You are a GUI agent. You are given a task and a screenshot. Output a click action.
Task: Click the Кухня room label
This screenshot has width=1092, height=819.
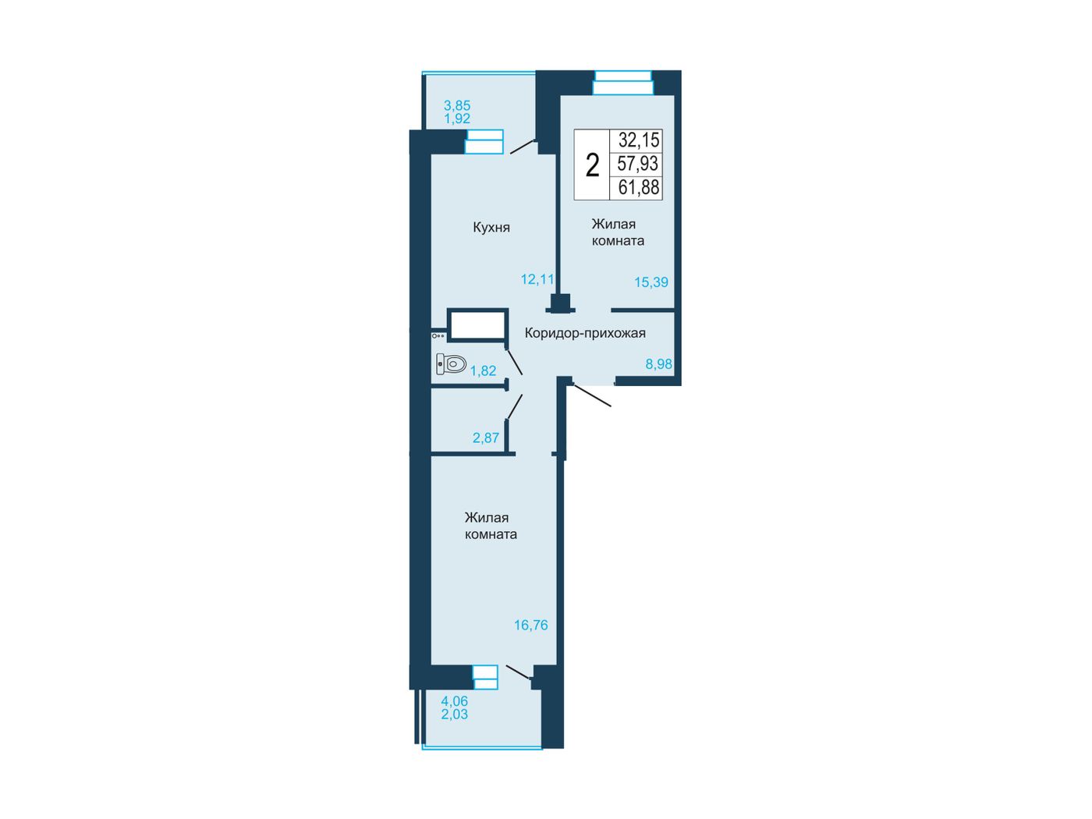(x=491, y=227)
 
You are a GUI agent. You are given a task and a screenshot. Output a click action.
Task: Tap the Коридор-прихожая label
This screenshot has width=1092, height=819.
(x=585, y=333)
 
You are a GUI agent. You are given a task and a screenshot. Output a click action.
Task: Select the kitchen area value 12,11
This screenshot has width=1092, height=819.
(x=537, y=279)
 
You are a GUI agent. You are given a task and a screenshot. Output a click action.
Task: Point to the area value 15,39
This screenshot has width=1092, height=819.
(x=651, y=282)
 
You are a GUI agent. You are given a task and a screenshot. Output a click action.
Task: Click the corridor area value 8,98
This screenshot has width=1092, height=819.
(x=658, y=364)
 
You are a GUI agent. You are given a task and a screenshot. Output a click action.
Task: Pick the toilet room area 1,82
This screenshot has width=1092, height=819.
(x=483, y=370)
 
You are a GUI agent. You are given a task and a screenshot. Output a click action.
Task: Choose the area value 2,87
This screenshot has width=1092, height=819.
(x=486, y=438)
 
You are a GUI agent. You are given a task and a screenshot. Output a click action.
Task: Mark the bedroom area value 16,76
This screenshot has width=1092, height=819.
(x=531, y=625)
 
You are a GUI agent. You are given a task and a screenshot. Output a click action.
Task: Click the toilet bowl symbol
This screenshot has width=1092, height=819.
(x=451, y=363)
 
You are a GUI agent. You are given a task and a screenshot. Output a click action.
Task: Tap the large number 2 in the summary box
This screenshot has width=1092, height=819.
(x=592, y=165)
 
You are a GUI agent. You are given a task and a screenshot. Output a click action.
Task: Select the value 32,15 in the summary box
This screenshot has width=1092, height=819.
(x=639, y=140)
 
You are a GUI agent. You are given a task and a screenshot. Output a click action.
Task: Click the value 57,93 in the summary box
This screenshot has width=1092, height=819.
(x=638, y=163)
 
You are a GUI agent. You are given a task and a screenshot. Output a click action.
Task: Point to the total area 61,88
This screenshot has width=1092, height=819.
(x=639, y=187)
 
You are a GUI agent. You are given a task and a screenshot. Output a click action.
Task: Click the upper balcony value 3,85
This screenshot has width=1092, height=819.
(x=457, y=105)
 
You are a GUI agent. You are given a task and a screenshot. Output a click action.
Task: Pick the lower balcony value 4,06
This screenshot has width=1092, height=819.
(x=455, y=701)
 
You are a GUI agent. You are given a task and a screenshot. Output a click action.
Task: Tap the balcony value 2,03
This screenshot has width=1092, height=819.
(x=455, y=714)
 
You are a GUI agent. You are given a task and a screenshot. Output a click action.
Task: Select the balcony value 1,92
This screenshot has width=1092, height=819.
(x=457, y=119)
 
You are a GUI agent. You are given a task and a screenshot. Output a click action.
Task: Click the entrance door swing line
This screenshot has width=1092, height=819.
(x=592, y=395)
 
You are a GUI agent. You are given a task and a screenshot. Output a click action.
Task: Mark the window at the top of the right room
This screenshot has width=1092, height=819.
(x=623, y=83)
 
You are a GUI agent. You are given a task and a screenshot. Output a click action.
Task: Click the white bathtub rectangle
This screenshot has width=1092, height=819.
(x=477, y=325)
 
